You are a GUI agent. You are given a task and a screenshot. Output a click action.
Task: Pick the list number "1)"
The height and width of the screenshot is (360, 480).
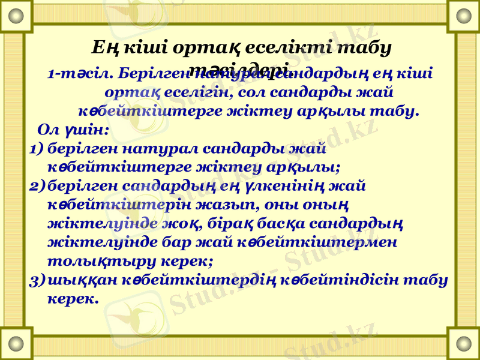point(37,148)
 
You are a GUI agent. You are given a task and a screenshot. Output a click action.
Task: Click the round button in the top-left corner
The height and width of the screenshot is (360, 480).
point(16,16)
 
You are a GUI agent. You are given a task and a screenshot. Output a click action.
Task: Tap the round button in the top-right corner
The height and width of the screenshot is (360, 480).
point(464,16)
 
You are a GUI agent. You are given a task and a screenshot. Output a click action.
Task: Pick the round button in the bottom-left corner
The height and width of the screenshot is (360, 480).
point(16,343)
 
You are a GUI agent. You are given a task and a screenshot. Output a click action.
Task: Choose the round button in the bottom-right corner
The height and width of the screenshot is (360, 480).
point(464,343)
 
